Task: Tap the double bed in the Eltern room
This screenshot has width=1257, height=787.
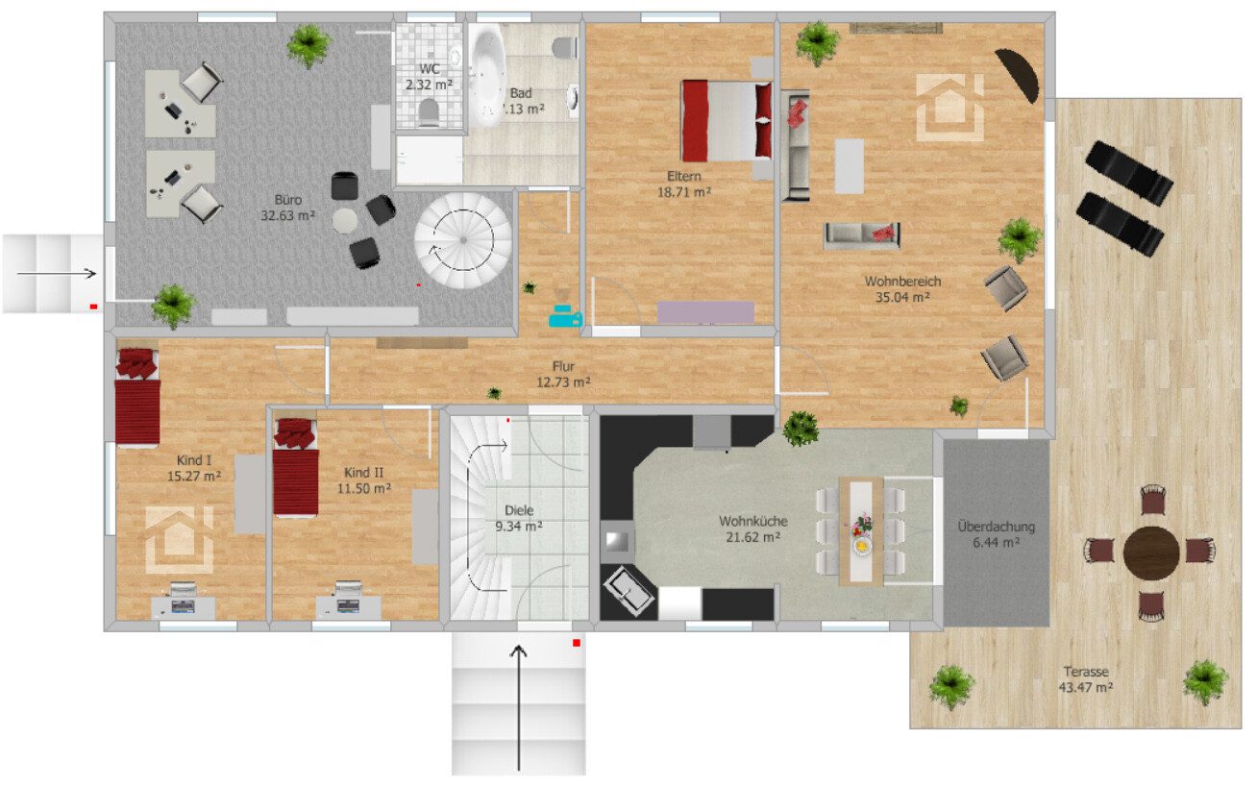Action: pyautogui.click(x=727, y=120)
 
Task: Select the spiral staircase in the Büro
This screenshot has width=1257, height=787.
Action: pyautogui.click(x=462, y=240)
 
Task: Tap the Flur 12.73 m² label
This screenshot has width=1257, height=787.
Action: pyautogui.click(x=563, y=374)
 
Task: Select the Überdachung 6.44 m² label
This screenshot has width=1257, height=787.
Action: pyautogui.click(x=996, y=534)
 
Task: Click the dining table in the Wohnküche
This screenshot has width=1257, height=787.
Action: pyautogui.click(x=860, y=530)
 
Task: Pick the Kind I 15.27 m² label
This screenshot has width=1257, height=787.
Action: pyautogui.click(x=195, y=468)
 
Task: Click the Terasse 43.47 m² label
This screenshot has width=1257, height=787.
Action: pyautogui.click(x=1088, y=679)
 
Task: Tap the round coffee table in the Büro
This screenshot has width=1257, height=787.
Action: pyautogui.click(x=346, y=220)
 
